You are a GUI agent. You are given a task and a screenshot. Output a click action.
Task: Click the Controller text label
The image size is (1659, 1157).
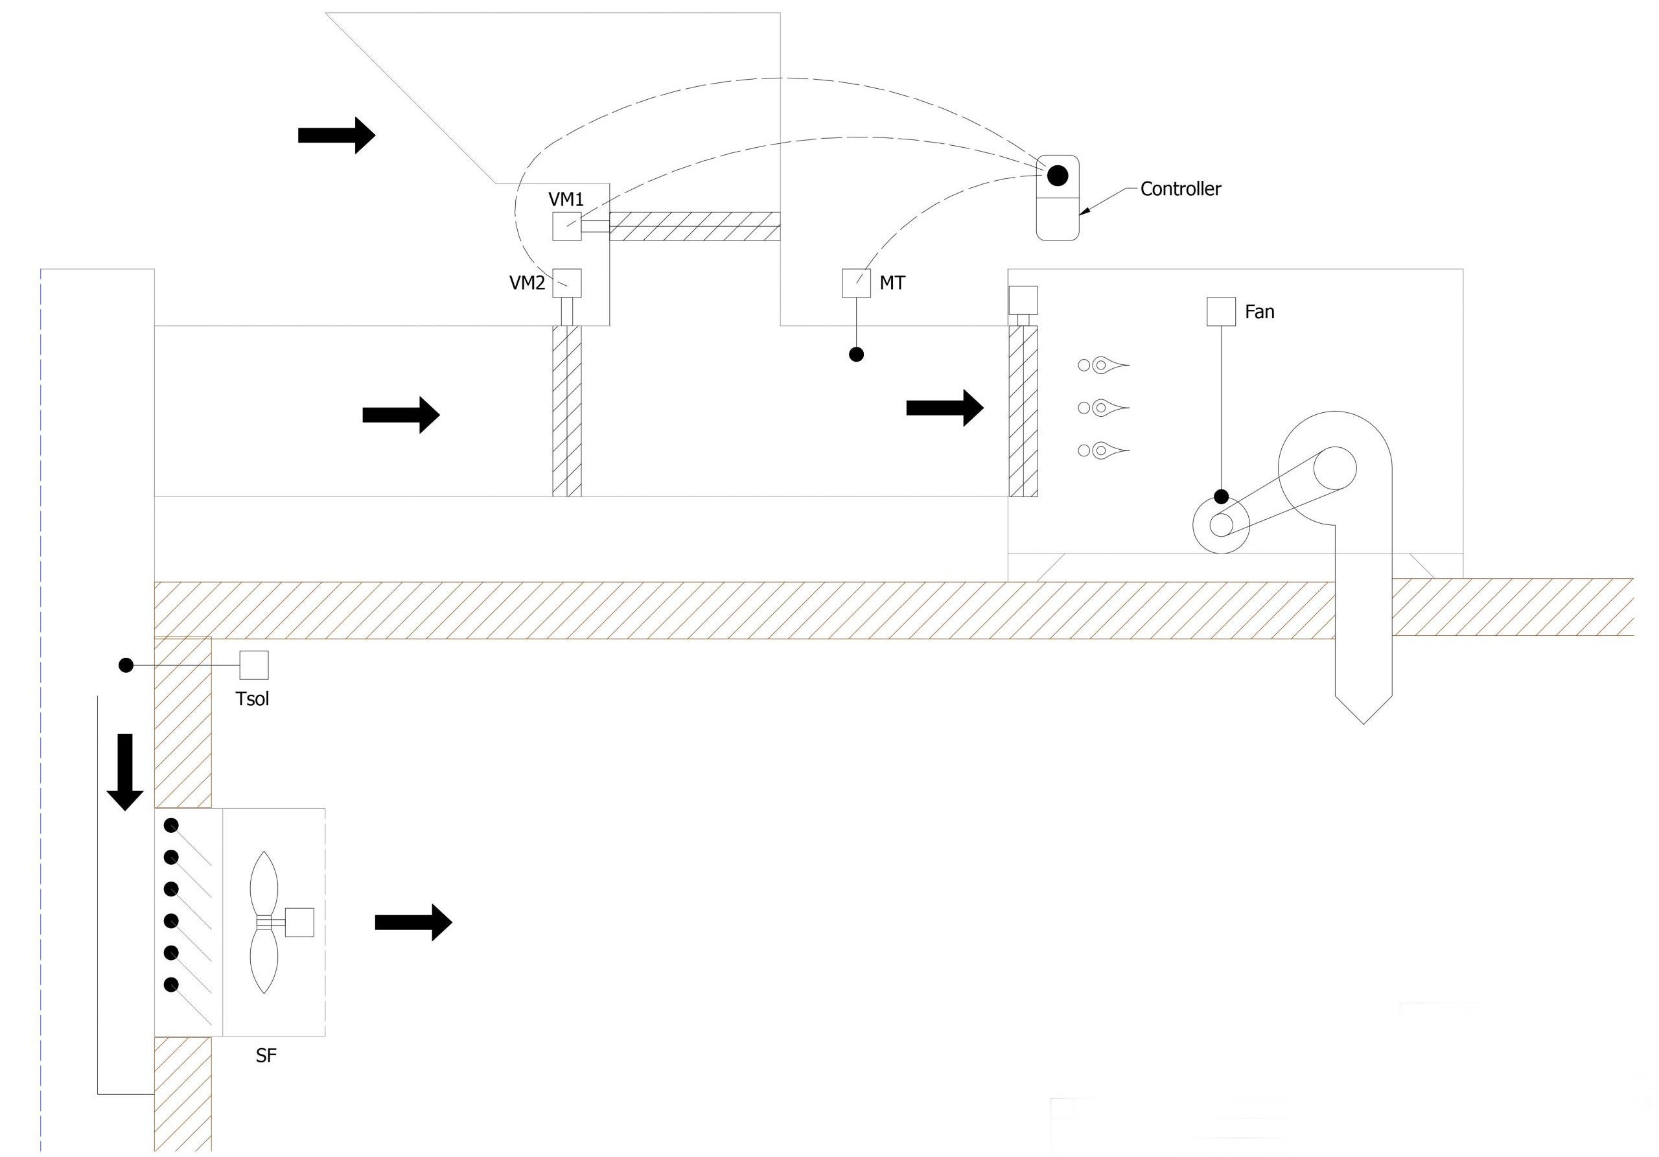pyautogui.click(x=1180, y=189)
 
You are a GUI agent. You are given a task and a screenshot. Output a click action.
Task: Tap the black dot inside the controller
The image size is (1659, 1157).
pyautogui.click(x=1057, y=175)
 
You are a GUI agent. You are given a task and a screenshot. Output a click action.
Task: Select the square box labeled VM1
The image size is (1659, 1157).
pyautogui.click(x=567, y=226)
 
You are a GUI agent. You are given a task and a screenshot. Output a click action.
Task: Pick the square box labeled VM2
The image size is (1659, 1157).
pyautogui.click(x=567, y=283)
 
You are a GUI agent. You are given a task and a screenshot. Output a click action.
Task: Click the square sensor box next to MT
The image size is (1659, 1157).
pyautogui.click(x=856, y=283)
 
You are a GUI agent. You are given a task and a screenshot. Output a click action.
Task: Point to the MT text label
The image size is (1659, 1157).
pyautogui.click(x=892, y=283)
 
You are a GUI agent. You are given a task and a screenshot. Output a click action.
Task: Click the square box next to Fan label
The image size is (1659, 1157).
pyautogui.click(x=1221, y=312)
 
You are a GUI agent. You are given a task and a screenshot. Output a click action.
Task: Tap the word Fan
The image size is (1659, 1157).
pyautogui.click(x=1259, y=312)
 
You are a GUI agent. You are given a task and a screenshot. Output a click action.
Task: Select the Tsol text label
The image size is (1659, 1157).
pyautogui.click(x=252, y=699)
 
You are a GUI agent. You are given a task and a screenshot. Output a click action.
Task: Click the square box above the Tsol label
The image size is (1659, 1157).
pyautogui.click(x=253, y=665)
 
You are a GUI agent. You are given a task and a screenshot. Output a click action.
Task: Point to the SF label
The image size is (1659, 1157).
pyautogui.click(x=266, y=1056)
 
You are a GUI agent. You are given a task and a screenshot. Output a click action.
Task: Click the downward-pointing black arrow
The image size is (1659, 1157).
pyautogui.click(x=125, y=772)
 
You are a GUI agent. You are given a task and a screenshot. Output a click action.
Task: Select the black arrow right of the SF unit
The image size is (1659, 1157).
pyautogui.click(x=413, y=922)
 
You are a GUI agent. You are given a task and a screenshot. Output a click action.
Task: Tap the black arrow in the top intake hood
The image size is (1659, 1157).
pyautogui.click(x=337, y=135)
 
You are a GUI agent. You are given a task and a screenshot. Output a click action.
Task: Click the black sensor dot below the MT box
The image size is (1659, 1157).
pyautogui.click(x=856, y=354)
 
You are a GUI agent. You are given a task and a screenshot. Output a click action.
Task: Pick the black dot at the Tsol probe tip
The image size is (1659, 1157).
pyautogui.click(x=126, y=665)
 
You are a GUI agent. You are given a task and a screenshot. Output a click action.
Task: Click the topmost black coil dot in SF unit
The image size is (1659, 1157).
pyautogui.click(x=171, y=825)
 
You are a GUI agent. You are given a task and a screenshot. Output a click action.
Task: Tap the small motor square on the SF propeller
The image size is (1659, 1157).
pyautogui.click(x=299, y=922)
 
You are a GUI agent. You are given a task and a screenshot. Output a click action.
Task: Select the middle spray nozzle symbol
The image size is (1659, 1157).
pyautogui.click(x=1104, y=408)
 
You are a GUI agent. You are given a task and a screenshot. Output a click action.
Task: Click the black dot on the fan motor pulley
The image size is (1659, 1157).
pyautogui.click(x=1221, y=497)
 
